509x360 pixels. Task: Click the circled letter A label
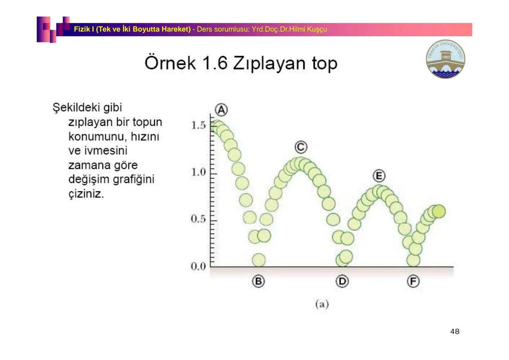[221, 110]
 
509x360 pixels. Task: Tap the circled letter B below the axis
[258, 281]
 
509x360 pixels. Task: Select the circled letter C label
[301, 147]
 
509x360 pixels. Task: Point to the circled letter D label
[342, 281]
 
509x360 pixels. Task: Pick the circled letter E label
[379, 176]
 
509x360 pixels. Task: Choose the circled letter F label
[413, 281]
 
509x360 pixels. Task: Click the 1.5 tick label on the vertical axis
[198, 126]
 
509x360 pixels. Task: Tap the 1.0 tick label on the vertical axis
[198, 172]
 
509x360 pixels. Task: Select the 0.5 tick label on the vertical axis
[198, 219]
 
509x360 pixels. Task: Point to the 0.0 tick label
[198, 266]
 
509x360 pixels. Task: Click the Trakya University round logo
[445, 59]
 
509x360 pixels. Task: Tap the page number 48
[455, 331]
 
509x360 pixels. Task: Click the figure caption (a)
[322, 304]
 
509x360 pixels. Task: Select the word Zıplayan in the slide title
[269, 63]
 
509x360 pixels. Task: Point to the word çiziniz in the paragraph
[86, 194]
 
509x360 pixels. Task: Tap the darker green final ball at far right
[439, 211]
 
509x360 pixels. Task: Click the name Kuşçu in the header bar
[317, 29]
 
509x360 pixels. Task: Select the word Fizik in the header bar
[81, 29]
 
